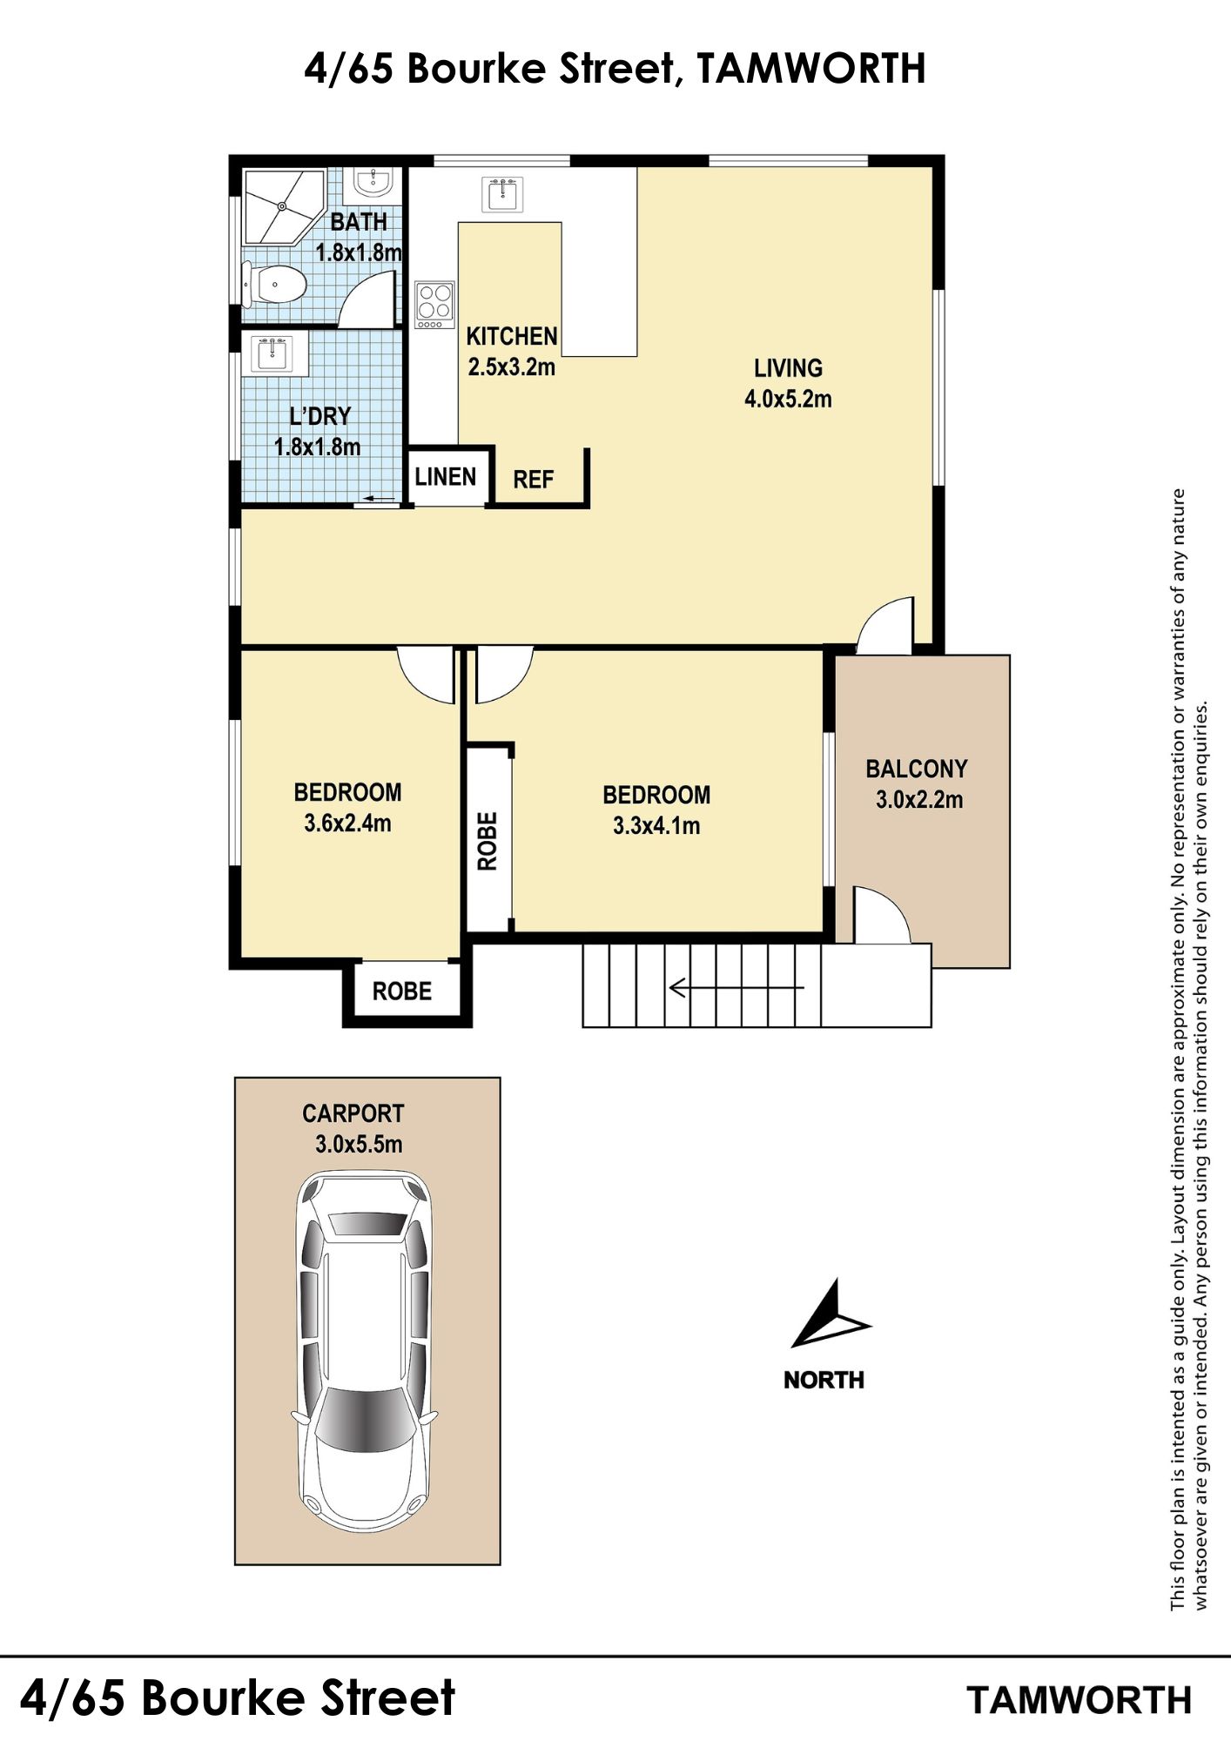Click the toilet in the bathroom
click(274, 284)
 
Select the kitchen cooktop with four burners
click(434, 305)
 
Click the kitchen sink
click(503, 194)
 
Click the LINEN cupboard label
click(446, 477)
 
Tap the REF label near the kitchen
click(533, 480)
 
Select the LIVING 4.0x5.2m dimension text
click(788, 400)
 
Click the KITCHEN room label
click(512, 336)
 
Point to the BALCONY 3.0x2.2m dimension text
click(919, 800)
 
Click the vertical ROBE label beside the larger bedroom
click(488, 841)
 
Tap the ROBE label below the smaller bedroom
click(402, 991)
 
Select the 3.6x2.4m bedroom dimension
click(347, 823)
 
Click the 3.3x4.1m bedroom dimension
click(656, 825)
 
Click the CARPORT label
click(353, 1113)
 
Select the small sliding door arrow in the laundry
click(379, 499)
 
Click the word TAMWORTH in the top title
click(811, 70)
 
